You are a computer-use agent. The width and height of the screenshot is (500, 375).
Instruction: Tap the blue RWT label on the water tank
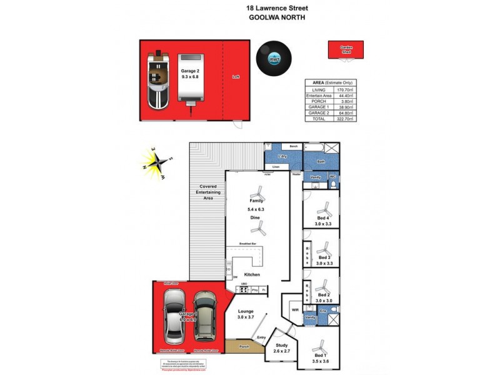(272, 59)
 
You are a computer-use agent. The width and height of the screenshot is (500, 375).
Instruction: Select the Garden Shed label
(346, 49)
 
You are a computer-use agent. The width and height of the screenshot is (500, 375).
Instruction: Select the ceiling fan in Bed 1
(321, 347)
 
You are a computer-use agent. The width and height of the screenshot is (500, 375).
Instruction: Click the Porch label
(244, 346)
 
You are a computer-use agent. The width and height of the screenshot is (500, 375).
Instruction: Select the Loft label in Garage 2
(236, 77)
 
